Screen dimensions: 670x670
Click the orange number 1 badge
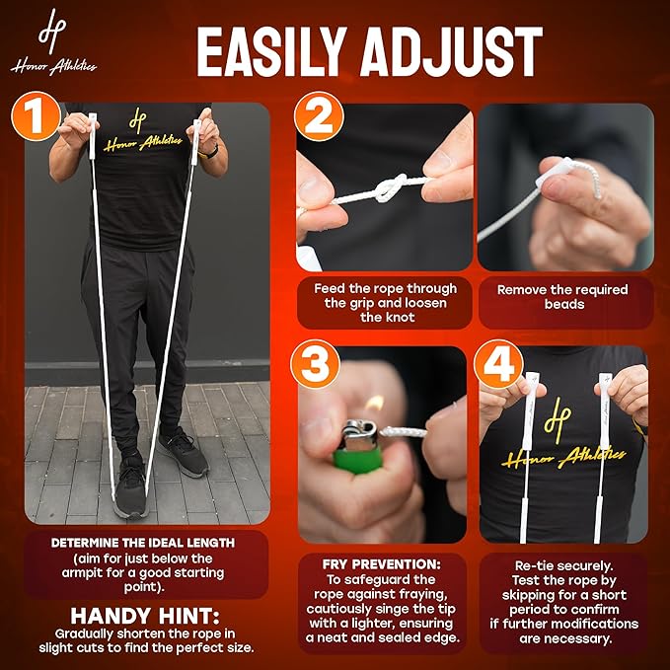point(36,116)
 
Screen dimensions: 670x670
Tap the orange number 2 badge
point(319,116)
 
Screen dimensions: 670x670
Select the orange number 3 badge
point(316,364)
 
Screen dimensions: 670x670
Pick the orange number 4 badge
point(498,364)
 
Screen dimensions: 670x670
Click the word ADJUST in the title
point(452,51)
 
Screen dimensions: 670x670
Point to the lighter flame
point(375,403)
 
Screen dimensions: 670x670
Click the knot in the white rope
point(390,187)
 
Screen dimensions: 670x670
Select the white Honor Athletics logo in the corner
point(53,41)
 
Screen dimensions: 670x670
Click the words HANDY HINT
point(145,616)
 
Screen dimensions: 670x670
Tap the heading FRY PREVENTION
point(381,564)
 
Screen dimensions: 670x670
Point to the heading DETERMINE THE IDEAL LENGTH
point(143,543)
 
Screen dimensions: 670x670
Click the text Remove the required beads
point(562,297)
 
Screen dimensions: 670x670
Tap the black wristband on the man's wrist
point(209,153)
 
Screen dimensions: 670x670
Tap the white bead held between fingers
point(554,172)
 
